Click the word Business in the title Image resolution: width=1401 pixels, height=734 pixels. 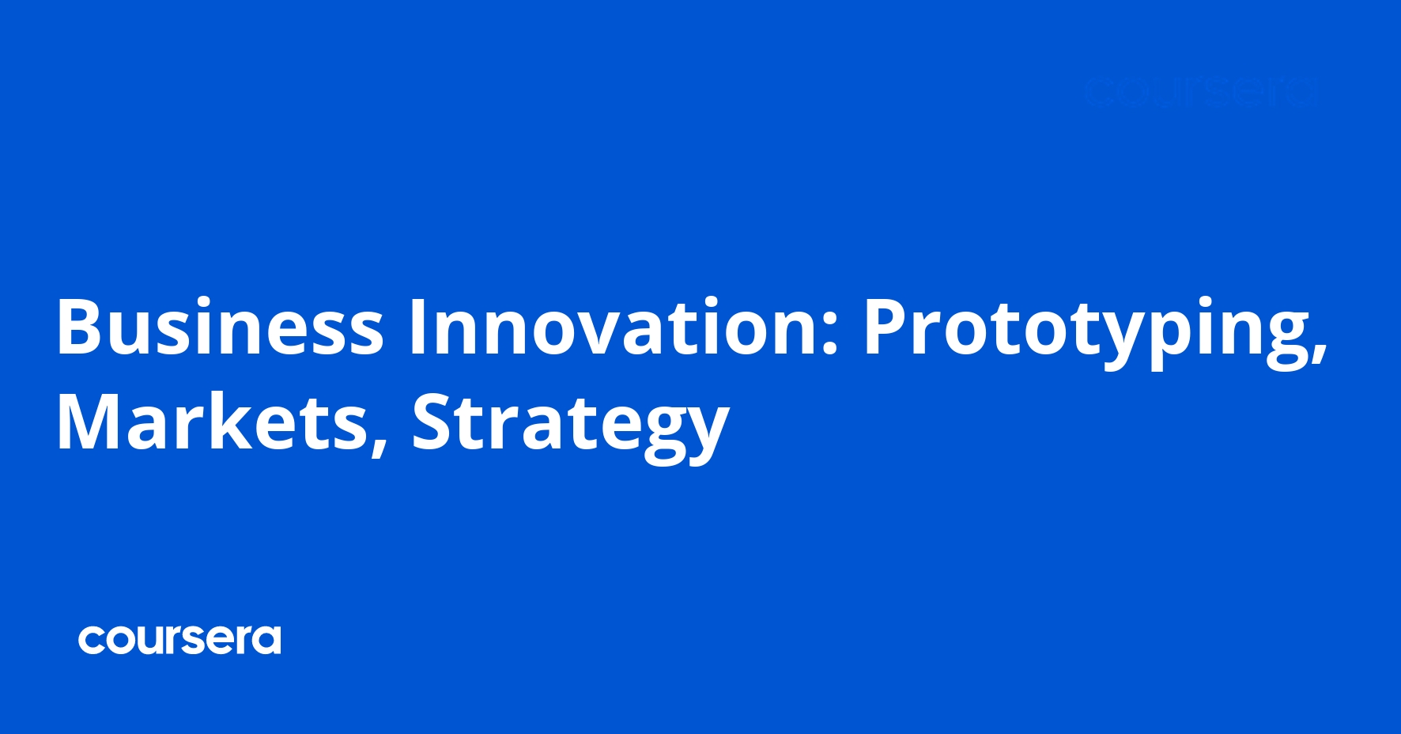[220, 327]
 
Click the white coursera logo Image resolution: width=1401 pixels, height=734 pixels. [179, 639]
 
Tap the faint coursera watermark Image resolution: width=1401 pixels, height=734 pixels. [1200, 92]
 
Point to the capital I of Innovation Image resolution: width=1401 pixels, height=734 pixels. [417, 327]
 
